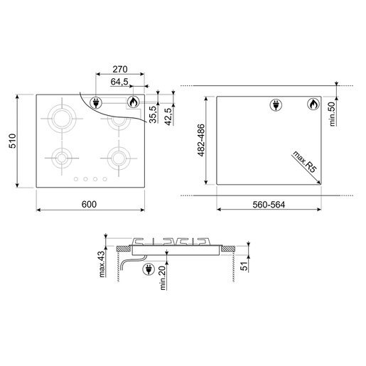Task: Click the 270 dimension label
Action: click(120, 69)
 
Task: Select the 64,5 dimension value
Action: click(119, 82)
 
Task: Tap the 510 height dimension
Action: click(12, 141)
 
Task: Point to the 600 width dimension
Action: click(89, 204)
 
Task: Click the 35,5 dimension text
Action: click(154, 114)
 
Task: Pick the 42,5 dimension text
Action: click(168, 117)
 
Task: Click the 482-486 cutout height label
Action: click(201, 140)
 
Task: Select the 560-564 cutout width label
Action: click(269, 205)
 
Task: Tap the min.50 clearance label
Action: click(333, 114)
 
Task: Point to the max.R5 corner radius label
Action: click(305, 161)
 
